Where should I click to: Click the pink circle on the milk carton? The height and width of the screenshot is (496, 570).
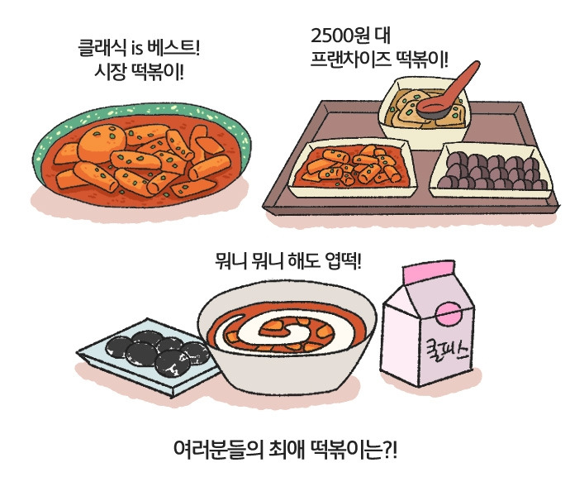point(450,315)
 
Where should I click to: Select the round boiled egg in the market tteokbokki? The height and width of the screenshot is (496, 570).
point(102,143)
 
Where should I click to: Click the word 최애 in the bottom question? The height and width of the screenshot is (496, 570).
point(287,450)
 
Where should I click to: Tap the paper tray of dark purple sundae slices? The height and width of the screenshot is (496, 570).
point(491,170)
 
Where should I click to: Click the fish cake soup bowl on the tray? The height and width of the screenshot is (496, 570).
point(425,111)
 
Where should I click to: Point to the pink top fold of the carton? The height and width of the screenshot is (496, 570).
point(429,271)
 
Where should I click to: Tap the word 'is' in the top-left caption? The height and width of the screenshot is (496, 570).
point(136,49)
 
